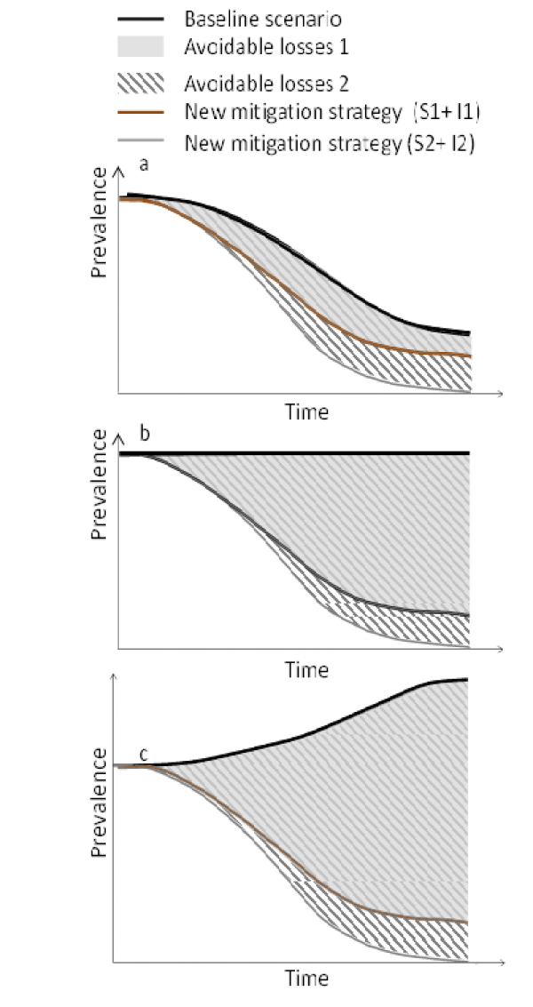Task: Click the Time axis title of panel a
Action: tap(306, 412)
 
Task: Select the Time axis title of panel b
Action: tap(306, 669)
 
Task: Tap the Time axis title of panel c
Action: tap(306, 979)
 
